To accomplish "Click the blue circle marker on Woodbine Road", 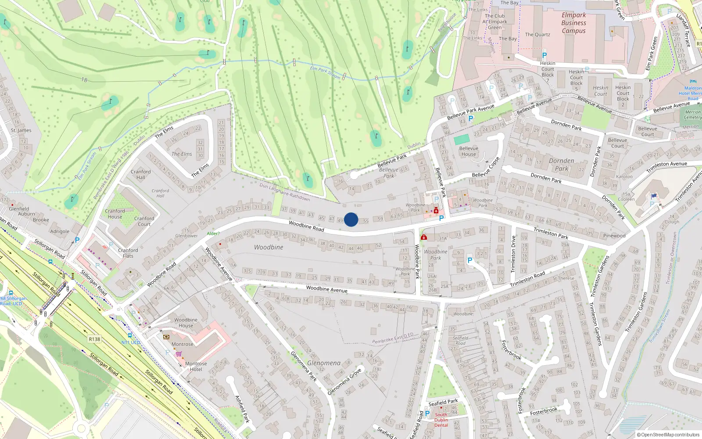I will [x=351, y=219].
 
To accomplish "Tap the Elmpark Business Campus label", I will [x=573, y=23].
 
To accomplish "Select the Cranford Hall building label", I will [x=140, y=174].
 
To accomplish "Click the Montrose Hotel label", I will [x=196, y=366].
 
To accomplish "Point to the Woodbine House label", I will [x=186, y=323].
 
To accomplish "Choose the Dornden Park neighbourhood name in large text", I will [x=561, y=165].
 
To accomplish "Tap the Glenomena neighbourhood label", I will [x=324, y=363].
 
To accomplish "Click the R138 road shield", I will [x=94, y=339].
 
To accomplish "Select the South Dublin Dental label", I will [x=441, y=420].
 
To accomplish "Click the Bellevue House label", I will [x=469, y=151].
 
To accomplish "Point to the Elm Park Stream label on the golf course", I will [x=325, y=72].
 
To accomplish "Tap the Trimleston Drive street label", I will [x=513, y=254].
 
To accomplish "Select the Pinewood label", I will [x=614, y=236].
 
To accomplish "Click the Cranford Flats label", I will [x=128, y=253].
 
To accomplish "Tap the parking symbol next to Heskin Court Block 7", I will [x=544, y=55].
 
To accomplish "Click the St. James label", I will [x=21, y=130].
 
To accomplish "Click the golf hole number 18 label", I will [x=84, y=80].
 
